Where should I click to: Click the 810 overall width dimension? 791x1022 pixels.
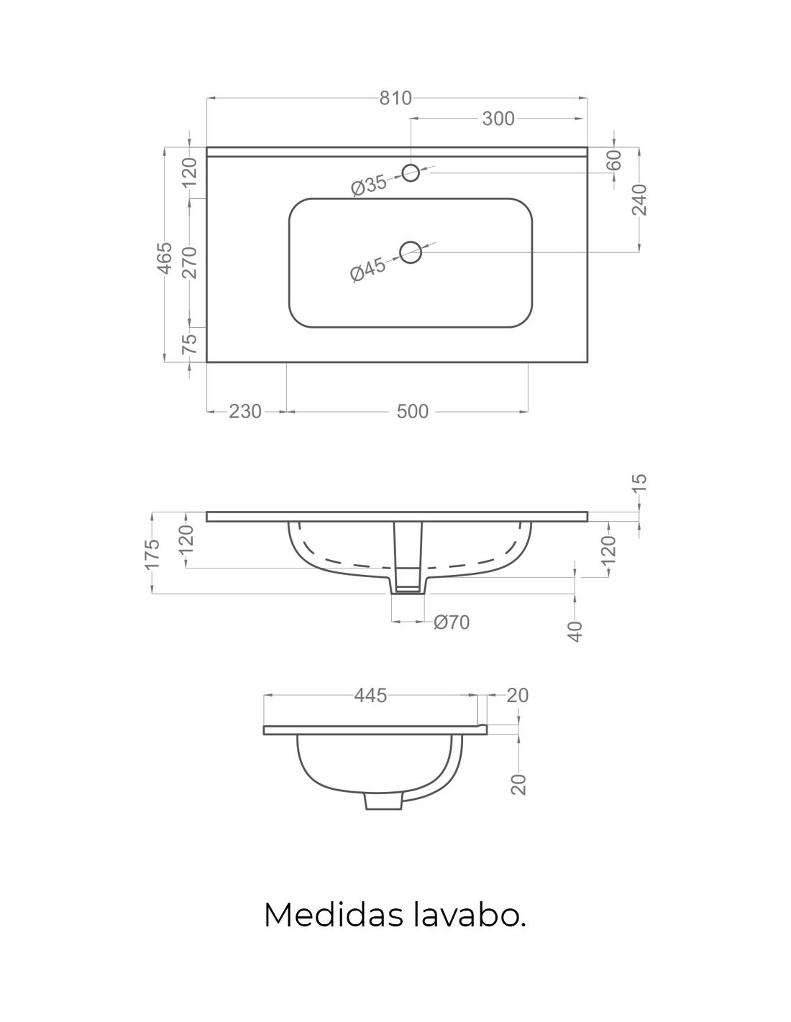[x=395, y=98]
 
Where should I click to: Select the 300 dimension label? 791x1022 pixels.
[x=498, y=119]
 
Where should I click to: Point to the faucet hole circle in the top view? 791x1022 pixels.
[x=411, y=172]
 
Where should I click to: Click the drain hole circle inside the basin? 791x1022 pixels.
[x=411, y=252]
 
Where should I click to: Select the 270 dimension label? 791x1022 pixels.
[x=191, y=262]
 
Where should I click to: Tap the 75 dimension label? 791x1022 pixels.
[x=190, y=344]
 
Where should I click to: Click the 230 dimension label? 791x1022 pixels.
[x=244, y=412]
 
